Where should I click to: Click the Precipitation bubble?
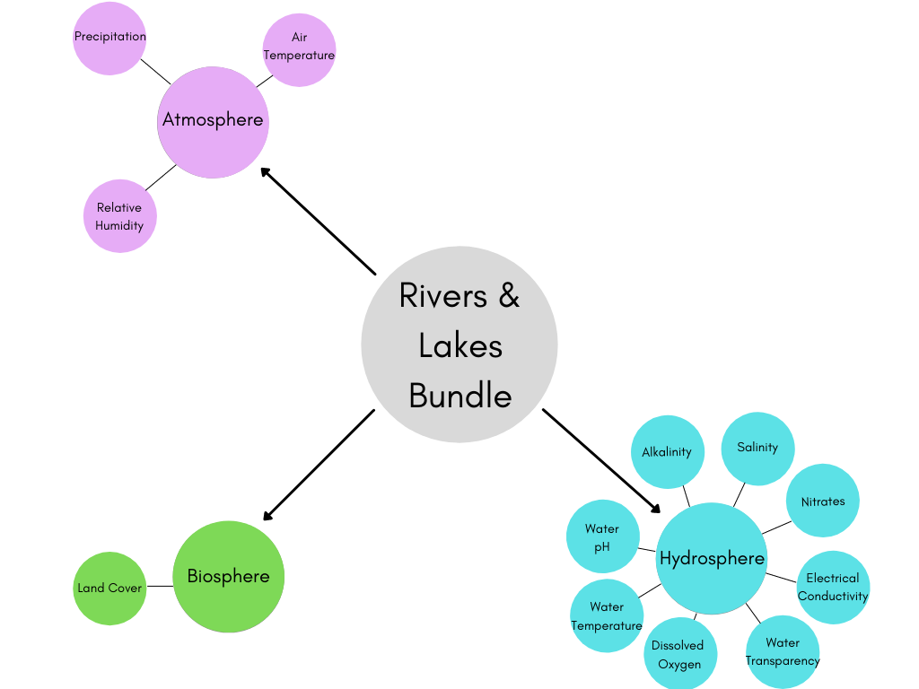(109, 39)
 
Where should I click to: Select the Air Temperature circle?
(299, 49)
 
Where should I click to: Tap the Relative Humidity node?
(119, 216)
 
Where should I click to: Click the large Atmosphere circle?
(213, 120)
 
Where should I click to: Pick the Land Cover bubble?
(109, 589)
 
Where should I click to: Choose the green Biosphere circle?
(228, 577)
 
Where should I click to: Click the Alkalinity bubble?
(667, 452)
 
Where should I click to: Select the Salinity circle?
(757, 448)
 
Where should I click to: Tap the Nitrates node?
(823, 501)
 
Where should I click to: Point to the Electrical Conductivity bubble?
(833, 587)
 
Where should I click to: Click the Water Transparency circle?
(783, 651)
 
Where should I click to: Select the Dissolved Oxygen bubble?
(678, 654)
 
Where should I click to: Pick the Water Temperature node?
(607, 615)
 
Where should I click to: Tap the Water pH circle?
(602, 536)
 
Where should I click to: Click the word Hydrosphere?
(712, 559)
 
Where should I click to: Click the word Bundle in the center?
(459, 396)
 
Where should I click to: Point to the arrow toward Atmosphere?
(319, 222)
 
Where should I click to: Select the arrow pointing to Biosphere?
(319, 465)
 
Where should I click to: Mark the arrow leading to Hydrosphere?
(601, 461)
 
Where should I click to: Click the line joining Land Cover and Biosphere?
(159, 587)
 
